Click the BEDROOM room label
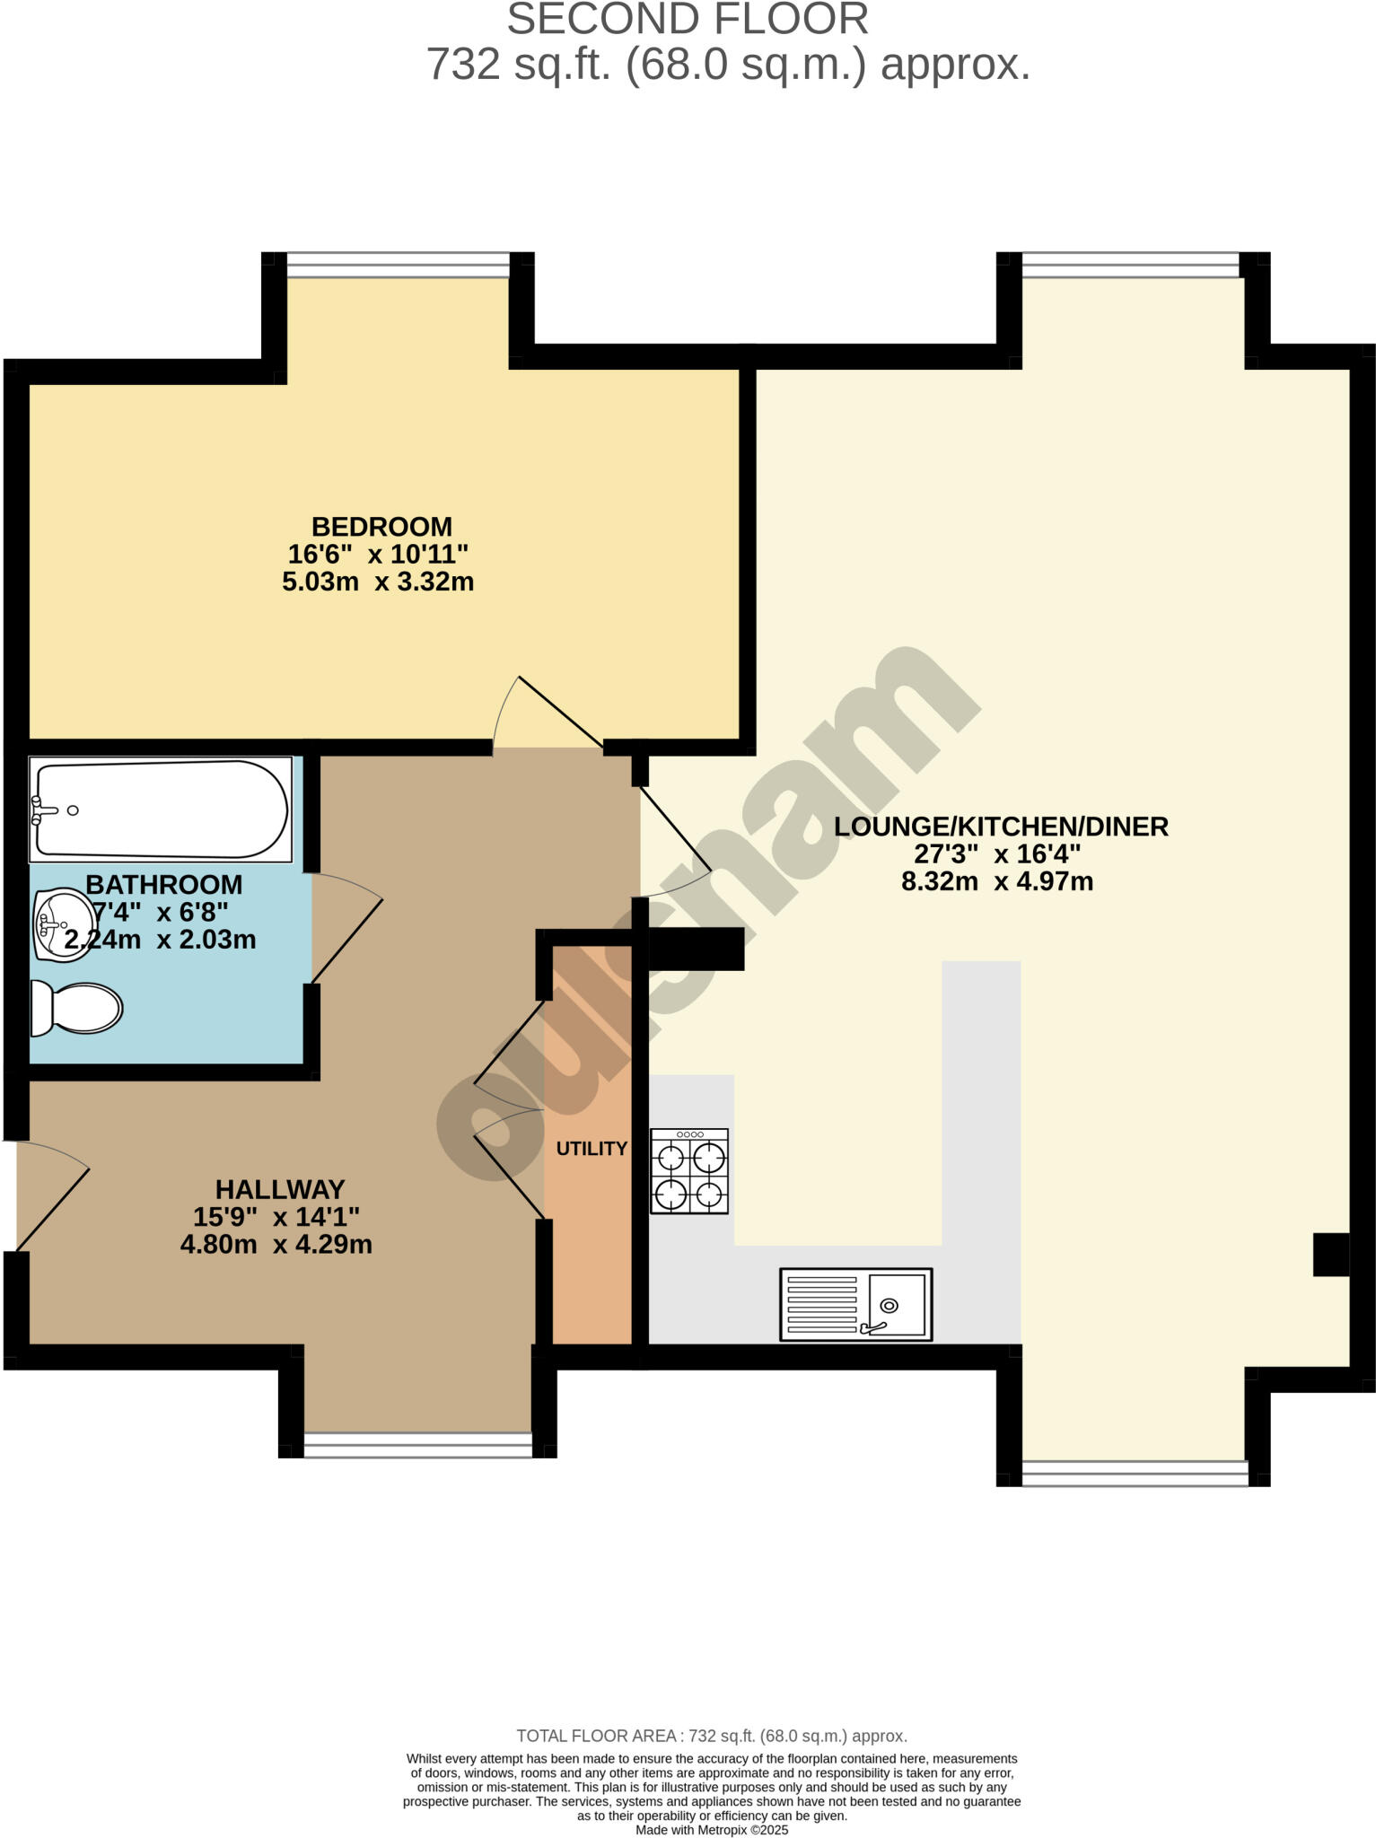(x=381, y=527)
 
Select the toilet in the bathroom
(x=77, y=1008)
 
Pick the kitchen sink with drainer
(x=855, y=1305)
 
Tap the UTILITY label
(x=592, y=1149)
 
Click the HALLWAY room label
(x=280, y=1189)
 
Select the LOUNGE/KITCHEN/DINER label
(x=1001, y=827)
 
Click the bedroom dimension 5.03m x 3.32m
(x=378, y=582)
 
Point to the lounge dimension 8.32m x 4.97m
(x=997, y=881)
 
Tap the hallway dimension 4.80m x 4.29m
(x=276, y=1245)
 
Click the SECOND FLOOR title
(x=688, y=20)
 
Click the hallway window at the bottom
(x=417, y=1444)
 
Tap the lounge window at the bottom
(x=1135, y=1473)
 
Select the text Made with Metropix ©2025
(x=712, y=1830)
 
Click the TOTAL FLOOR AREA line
(x=712, y=1736)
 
